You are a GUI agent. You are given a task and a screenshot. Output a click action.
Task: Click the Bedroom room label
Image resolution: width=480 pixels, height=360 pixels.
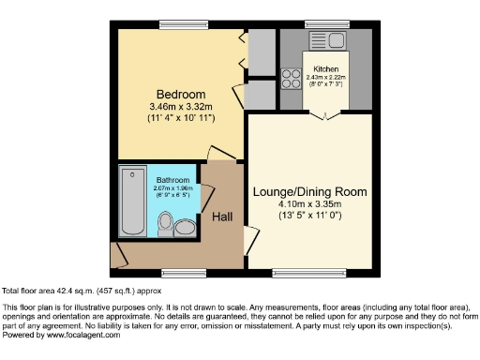[x=180, y=95]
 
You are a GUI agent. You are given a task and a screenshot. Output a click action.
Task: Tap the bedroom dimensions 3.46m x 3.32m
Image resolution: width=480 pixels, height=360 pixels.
[x=180, y=107]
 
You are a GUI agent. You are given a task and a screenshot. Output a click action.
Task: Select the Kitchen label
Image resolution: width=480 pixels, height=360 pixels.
[x=325, y=69]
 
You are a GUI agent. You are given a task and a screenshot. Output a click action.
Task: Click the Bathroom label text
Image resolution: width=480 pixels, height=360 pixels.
[x=174, y=180]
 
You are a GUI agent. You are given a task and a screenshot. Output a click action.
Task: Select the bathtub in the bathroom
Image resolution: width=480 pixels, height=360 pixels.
[x=132, y=202]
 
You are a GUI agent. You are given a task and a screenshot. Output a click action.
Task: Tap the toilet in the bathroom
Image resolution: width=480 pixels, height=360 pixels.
[x=166, y=223]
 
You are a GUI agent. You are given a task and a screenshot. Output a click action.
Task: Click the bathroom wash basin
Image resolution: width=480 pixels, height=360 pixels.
[x=186, y=226]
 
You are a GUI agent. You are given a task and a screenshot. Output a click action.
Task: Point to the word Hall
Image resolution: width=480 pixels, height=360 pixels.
[x=222, y=217]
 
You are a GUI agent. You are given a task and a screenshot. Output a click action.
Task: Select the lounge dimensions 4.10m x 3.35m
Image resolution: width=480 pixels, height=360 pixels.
[x=309, y=203]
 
